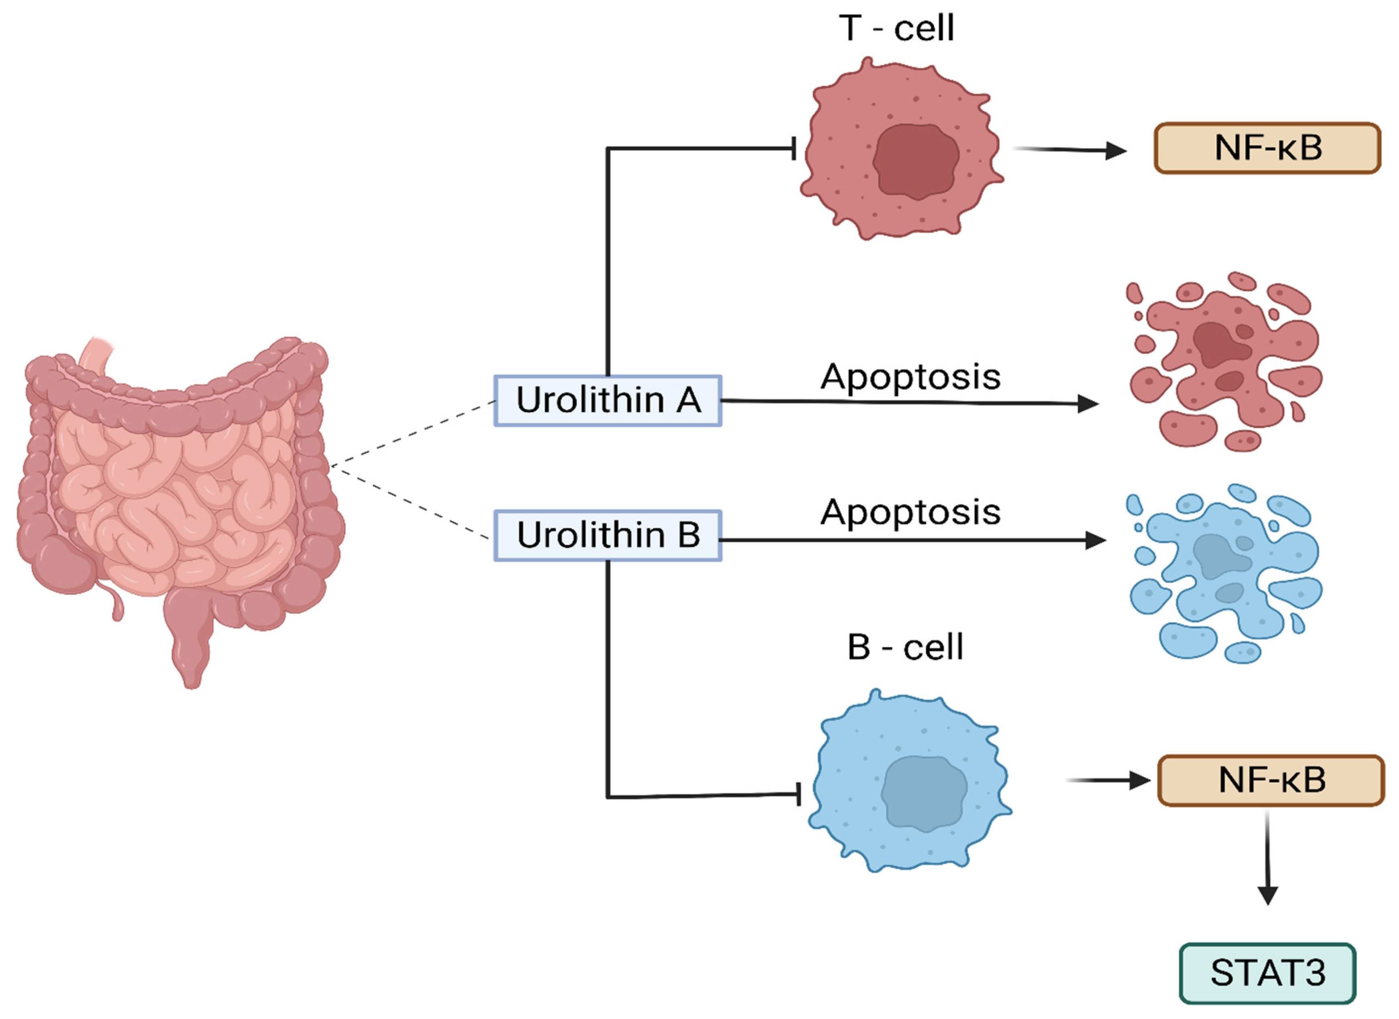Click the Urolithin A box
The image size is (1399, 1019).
tap(607, 400)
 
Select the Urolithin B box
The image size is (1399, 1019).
tap(607, 535)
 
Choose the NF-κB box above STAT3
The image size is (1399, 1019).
tap(1271, 780)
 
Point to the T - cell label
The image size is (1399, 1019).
tap(896, 28)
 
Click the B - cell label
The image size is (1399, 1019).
tap(905, 647)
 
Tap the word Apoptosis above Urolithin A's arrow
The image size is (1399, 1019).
tap(910, 376)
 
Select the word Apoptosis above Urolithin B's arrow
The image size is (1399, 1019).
tap(910, 512)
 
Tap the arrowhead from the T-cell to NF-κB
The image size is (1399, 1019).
tap(1115, 150)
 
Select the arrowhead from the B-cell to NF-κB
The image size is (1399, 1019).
tap(1139, 780)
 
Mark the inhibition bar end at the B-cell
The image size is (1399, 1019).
tap(799, 794)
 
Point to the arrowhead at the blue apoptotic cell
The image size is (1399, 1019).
tap(1095, 540)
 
